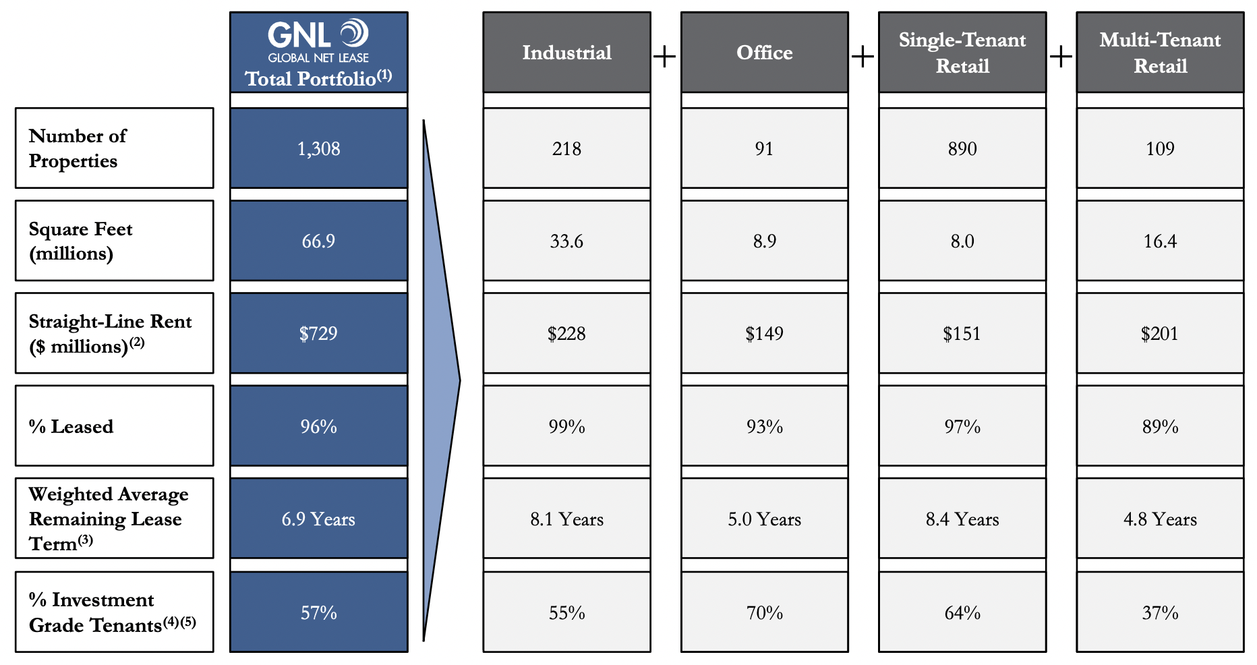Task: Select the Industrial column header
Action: pos(566,53)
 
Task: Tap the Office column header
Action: pos(764,53)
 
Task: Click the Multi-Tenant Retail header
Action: pos(1160,53)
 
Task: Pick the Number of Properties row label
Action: pos(114,148)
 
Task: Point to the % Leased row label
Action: pos(114,426)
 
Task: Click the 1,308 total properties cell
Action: pos(318,148)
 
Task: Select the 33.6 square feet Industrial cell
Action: pos(566,241)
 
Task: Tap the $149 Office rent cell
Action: pos(764,333)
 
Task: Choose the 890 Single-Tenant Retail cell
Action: pos(962,148)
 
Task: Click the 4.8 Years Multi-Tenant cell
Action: pos(1160,519)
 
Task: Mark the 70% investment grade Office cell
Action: pos(764,612)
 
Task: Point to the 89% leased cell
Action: pos(1160,426)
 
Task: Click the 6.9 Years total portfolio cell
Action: pos(318,519)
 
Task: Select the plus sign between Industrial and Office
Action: pos(665,57)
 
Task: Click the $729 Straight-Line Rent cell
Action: pos(318,333)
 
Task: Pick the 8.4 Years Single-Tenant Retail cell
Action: pos(962,519)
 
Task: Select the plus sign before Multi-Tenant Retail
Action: pos(1061,57)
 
